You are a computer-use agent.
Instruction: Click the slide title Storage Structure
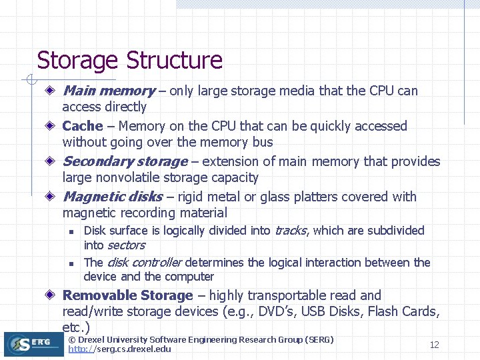coord(129,61)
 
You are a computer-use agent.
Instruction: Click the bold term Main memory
coord(108,91)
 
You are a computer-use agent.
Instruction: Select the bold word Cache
coord(83,126)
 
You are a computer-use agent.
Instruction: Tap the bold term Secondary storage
coord(125,161)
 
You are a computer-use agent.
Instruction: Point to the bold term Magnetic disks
coord(112,197)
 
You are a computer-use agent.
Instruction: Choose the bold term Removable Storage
coord(127,295)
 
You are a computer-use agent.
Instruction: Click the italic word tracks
coord(290,231)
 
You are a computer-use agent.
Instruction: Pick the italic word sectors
coord(125,245)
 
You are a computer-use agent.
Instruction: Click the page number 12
coord(434,345)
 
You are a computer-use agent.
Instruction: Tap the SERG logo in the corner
coord(33,344)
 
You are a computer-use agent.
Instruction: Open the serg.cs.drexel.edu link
coord(119,349)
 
